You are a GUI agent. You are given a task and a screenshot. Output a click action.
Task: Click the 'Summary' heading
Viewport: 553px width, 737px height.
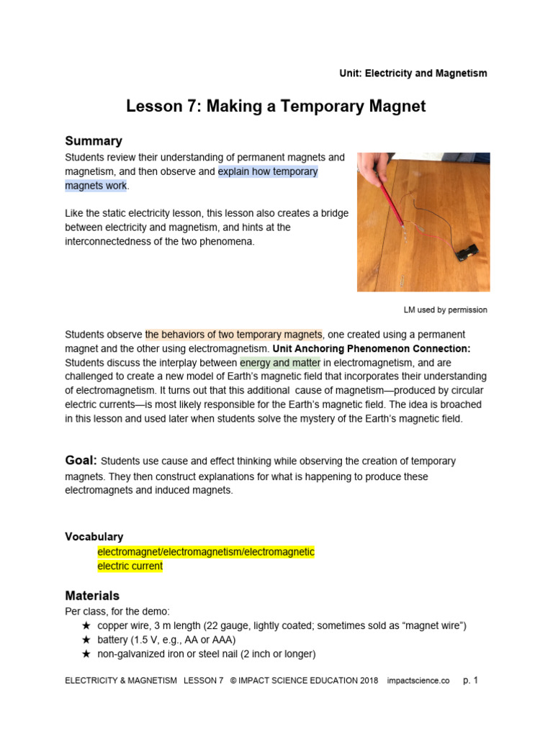pos(94,141)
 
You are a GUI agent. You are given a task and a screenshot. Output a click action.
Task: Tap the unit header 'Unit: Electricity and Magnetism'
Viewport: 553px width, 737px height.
pos(413,73)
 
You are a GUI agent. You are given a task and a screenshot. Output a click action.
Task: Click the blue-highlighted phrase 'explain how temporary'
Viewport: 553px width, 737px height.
pos(268,172)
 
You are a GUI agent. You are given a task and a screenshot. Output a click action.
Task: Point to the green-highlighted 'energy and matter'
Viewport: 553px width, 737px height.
pos(280,362)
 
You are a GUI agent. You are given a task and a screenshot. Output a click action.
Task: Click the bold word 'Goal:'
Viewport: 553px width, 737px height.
pos(81,461)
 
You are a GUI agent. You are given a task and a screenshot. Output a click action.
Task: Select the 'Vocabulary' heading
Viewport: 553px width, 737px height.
pos(94,537)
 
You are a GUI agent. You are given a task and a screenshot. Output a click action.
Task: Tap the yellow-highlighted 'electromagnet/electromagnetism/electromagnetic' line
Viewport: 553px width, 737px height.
pos(206,552)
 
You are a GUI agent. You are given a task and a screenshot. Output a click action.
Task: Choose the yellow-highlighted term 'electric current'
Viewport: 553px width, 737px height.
pos(130,566)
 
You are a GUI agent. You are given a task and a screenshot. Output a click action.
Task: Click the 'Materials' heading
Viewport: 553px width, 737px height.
pos(92,596)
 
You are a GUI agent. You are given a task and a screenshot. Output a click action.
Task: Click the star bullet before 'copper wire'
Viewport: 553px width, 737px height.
pos(86,626)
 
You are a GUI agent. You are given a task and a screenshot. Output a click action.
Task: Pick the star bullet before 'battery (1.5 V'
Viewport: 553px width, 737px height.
pos(86,640)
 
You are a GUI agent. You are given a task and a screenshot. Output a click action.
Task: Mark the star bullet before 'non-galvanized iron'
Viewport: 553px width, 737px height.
pos(86,654)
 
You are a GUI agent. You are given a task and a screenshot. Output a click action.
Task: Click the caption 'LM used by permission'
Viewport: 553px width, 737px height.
pos(445,310)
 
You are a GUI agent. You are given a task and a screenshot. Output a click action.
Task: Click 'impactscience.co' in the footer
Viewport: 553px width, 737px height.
pos(418,680)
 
